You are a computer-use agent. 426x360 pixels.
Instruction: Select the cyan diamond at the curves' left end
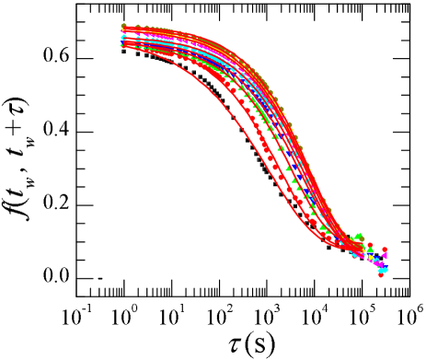point(122,38)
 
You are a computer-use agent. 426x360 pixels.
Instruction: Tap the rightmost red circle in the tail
point(385,250)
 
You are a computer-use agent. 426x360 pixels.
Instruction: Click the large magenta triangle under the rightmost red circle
point(385,256)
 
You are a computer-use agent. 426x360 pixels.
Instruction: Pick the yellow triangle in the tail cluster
point(371,259)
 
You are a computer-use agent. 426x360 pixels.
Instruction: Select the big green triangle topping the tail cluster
point(360,237)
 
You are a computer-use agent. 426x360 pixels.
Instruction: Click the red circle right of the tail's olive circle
point(370,245)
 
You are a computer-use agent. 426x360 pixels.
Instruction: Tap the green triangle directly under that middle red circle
point(369,250)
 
